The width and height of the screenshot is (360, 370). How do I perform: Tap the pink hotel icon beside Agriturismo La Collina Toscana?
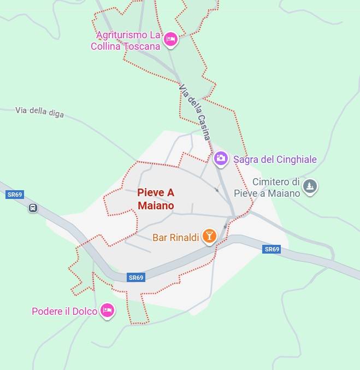(x=171, y=39)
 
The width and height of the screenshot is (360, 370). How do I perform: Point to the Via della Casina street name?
(x=194, y=112)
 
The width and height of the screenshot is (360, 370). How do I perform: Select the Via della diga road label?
(x=39, y=111)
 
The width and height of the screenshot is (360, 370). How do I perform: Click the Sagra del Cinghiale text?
(x=275, y=160)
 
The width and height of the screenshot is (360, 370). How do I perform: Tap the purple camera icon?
(x=221, y=158)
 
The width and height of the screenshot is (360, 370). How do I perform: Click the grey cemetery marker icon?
(x=310, y=186)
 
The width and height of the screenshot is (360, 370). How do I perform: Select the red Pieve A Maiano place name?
(x=156, y=199)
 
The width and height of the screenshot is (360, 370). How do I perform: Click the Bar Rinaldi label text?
(x=175, y=237)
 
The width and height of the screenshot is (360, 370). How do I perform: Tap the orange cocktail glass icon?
(x=209, y=236)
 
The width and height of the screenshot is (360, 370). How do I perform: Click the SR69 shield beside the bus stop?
(x=15, y=195)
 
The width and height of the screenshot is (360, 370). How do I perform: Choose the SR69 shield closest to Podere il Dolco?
(x=136, y=278)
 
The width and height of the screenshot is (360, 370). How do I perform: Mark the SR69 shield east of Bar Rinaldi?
(x=272, y=249)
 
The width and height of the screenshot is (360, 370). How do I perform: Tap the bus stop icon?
(x=33, y=208)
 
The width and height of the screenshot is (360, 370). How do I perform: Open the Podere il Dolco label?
(x=64, y=311)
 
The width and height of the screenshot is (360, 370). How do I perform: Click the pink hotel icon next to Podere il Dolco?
(x=108, y=310)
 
